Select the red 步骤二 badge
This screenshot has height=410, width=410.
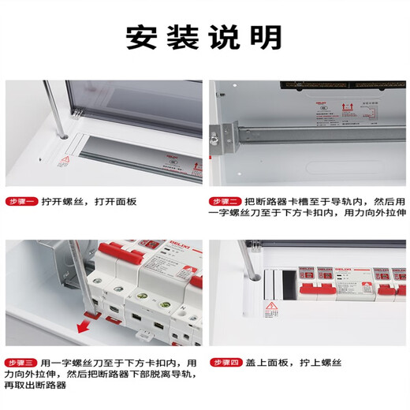pos(225,201)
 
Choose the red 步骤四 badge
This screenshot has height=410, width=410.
pos(225,363)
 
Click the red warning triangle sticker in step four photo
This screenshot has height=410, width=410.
pos(270,307)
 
